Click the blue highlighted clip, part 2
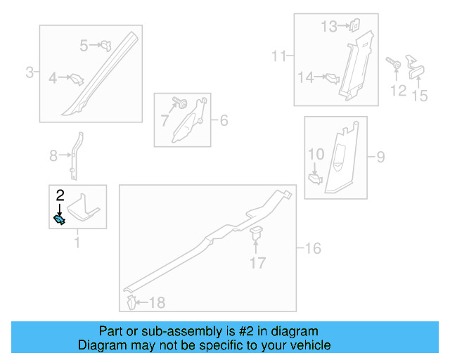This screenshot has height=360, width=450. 60,220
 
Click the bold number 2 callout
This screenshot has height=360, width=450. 60,195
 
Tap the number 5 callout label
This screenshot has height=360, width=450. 84,46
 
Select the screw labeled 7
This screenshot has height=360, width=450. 180,103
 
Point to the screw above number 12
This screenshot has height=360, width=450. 393,63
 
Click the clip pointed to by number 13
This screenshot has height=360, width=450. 355,25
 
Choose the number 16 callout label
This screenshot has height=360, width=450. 313,248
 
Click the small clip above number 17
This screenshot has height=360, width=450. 256,233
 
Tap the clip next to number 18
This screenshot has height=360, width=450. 131,302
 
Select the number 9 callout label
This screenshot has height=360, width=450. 380,157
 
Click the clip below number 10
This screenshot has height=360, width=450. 315,179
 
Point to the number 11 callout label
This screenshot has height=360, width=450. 279,56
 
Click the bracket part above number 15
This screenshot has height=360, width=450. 415,67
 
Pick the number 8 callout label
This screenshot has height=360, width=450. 53,155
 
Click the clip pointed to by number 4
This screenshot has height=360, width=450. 77,79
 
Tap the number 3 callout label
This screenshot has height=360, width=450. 30,72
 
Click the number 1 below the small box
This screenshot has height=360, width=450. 77,242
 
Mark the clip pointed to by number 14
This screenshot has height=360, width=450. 333,78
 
